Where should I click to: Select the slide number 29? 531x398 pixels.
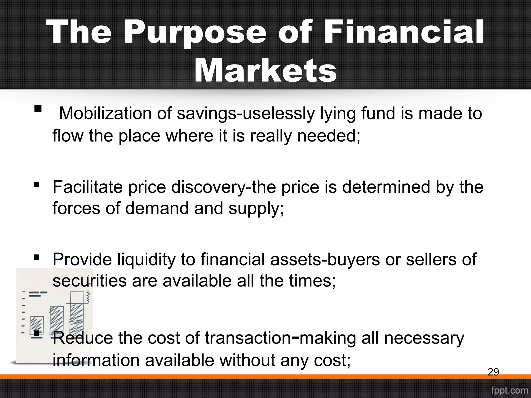(493, 372)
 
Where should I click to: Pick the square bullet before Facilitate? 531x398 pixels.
(37, 185)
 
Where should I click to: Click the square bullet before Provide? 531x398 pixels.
(37, 258)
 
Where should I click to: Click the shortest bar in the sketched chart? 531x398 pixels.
(37, 325)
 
